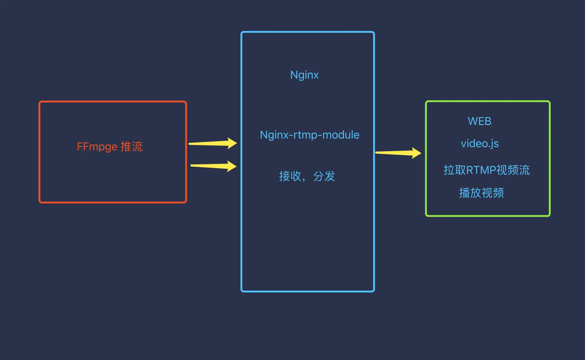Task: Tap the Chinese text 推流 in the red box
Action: click(x=132, y=146)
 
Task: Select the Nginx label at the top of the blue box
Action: click(x=304, y=75)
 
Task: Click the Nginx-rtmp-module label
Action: click(x=310, y=135)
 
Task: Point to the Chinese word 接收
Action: click(x=290, y=176)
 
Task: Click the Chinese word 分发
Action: click(x=324, y=176)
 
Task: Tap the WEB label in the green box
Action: click(x=480, y=121)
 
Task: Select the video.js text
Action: click(x=480, y=144)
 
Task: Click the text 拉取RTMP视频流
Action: click(x=487, y=170)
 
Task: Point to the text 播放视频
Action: click(x=481, y=193)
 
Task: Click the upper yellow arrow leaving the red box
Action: click(x=213, y=143)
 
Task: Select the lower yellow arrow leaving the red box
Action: click(x=213, y=166)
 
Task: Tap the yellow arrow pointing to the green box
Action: click(x=398, y=153)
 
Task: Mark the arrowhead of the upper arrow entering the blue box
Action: click(x=232, y=143)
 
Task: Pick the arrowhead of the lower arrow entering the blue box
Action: click(x=232, y=166)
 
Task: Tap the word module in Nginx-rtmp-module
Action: click(x=341, y=135)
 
